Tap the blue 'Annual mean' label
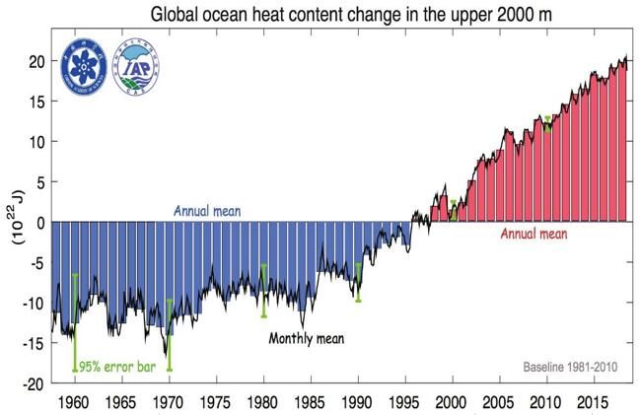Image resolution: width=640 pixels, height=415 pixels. point(208,211)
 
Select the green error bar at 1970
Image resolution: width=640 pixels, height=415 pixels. point(170,335)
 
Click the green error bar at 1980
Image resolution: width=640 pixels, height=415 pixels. point(264,290)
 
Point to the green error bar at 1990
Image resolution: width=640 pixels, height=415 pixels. point(358,282)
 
